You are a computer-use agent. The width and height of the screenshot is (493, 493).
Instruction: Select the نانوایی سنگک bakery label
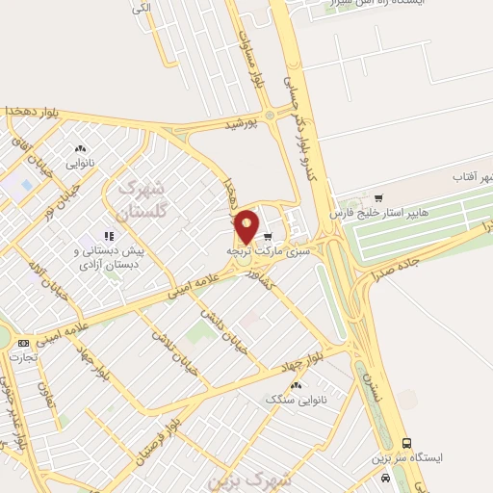coord(294,398)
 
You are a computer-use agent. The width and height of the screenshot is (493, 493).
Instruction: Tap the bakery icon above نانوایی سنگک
coord(295,383)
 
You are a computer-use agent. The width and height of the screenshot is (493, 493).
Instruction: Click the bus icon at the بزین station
coord(407,443)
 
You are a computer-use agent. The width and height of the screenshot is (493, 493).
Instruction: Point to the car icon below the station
coord(386,478)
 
